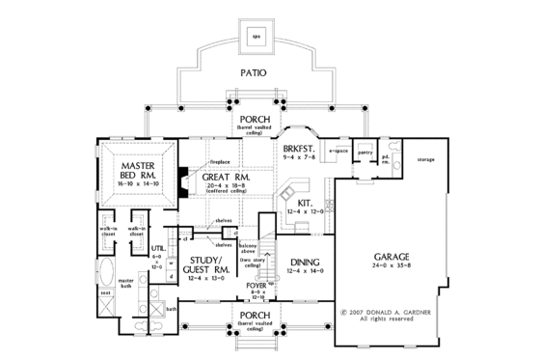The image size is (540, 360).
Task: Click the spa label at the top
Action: pyautogui.click(x=256, y=38)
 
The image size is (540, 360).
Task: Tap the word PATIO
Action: pyautogui.click(x=256, y=72)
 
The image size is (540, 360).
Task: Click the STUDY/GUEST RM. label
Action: pyautogui.click(x=208, y=264)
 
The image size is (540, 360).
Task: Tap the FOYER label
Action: pyautogui.click(x=257, y=286)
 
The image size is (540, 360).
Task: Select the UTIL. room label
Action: pyautogui.click(x=158, y=248)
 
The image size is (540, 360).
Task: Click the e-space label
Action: pyautogui.click(x=337, y=152)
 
